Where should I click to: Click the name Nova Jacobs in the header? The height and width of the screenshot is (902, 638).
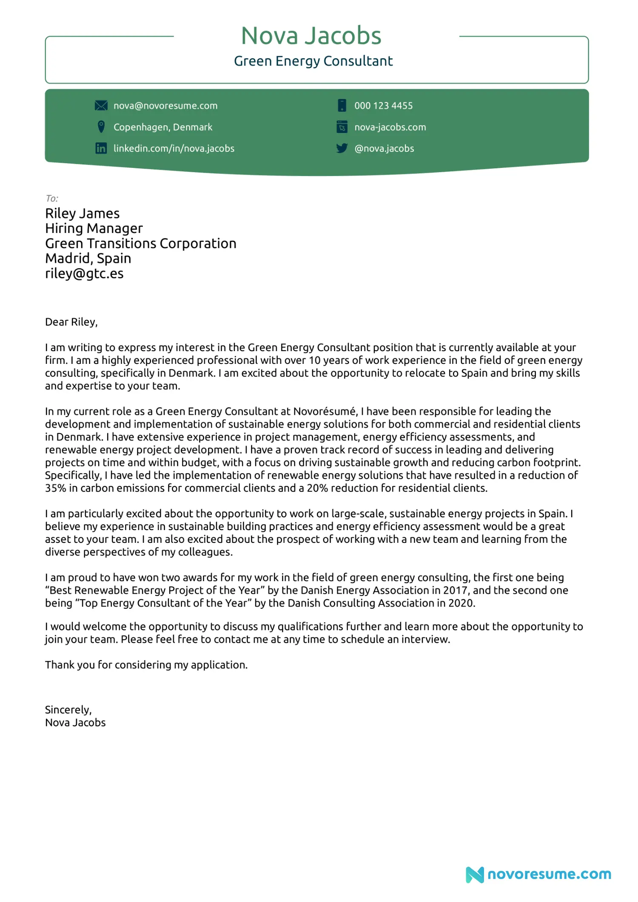click(311, 36)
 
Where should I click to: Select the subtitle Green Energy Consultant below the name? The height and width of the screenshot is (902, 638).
click(313, 61)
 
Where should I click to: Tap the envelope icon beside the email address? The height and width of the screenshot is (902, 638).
click(101, 106)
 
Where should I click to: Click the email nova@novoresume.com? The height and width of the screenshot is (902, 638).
click(165, 106)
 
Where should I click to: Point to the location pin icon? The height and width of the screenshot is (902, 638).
click(101, 127)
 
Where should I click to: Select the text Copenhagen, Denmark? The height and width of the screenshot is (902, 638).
click(162, 127)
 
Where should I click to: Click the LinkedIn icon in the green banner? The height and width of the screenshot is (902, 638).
click(101, 148)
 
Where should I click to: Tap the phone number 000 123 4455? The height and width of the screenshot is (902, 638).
click(383, 106)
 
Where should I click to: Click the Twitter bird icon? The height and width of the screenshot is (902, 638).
click(342, 148)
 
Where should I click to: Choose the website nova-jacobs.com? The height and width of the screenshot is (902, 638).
click(390, 127)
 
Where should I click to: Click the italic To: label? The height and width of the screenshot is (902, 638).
click(52, 199)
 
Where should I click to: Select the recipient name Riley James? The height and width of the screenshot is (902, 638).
click(82, 213)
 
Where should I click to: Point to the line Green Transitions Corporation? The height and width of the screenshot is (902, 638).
click(140, 244)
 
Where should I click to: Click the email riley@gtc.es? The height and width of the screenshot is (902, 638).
click(84, 274)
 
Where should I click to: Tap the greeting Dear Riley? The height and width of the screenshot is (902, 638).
click(71, 322)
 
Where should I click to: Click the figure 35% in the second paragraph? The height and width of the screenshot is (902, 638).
click(55, 488)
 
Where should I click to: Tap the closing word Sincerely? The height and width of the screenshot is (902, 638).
click(68, 710)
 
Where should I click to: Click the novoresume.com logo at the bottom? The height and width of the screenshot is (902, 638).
click(538, 874)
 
